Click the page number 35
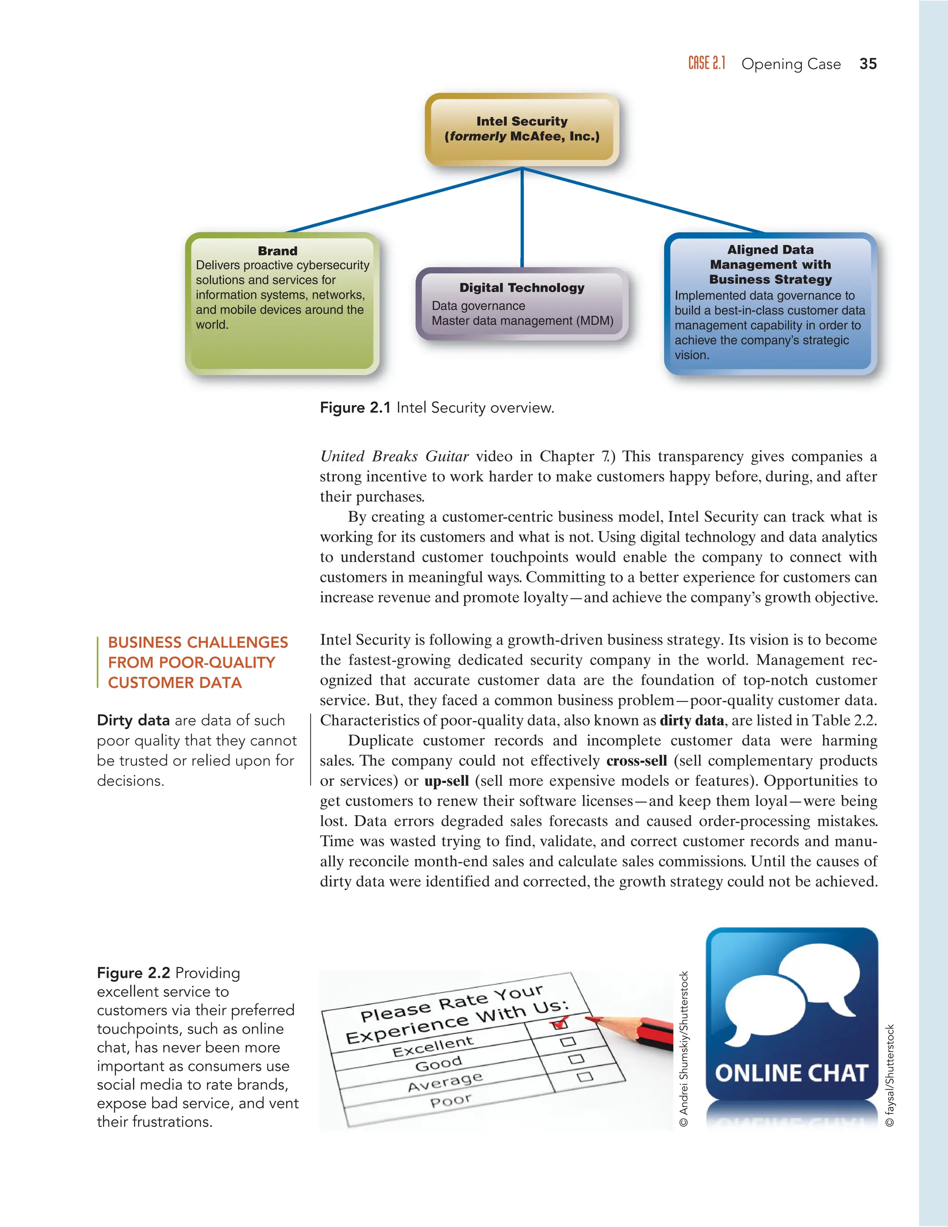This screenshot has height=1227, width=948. [x=868, y=64]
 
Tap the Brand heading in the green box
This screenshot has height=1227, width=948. [x=277, y=251]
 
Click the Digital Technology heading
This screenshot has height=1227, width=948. [x=522, y=288]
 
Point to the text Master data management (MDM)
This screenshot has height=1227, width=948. [x=522, y=321]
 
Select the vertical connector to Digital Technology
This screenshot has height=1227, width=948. [x=522, y=219]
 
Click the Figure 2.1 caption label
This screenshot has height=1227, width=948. [x=355, y=408]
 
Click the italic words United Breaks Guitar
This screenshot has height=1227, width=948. [x=394, y=456]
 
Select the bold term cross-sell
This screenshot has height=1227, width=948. [x=636, y=761]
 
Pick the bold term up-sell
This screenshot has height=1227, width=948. [x=447, y=781]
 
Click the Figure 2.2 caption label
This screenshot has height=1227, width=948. [x=134, y=973]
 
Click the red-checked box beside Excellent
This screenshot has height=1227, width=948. [x=559, y=1024]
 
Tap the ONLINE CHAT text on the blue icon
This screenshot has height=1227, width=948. [x=791, y=1073]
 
